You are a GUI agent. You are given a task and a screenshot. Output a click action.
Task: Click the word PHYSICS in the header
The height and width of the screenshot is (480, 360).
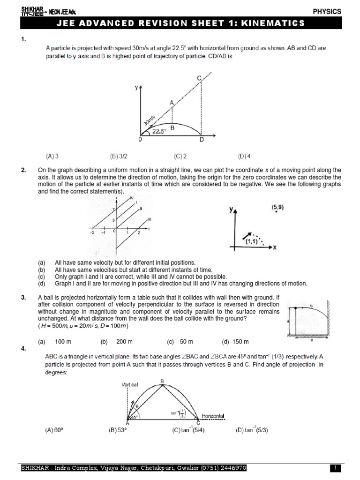(x=328, y=11)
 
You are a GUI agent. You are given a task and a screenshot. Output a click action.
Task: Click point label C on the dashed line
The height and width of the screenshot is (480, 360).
(x=199, y=78)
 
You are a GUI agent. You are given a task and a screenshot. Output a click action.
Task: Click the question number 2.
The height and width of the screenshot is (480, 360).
(x=24, y=170)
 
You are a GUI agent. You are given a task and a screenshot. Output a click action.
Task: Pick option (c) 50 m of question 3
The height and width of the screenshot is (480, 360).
(x=180, y=341)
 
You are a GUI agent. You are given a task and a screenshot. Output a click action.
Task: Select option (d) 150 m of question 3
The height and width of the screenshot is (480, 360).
(x=235, y=341)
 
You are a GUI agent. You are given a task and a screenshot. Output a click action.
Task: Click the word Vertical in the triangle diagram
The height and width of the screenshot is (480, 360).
(x=130, y=384)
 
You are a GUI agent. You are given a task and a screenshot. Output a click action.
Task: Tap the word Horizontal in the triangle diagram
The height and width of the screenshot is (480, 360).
(x=213, y=416)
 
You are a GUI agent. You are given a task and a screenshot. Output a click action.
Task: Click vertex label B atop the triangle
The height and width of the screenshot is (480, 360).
(x=162, y=381)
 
